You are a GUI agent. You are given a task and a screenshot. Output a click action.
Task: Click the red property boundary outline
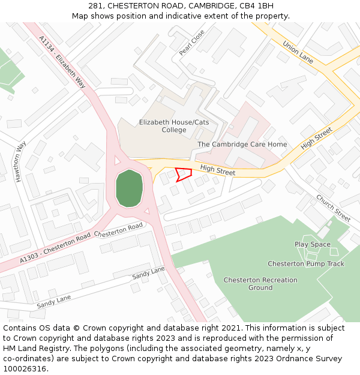[x=184, y=175]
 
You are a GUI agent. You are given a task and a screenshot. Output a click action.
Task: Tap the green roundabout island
[x=129, y=188]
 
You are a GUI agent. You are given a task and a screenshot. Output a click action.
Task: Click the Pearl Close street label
[x=192, y=43]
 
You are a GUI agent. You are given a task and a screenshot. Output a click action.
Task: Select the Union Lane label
[x=298, y=52]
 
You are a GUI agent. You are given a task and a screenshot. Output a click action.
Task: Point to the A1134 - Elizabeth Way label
[x=62, y=62]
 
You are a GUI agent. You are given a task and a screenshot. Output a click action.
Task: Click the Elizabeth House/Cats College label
[x=174, y=126]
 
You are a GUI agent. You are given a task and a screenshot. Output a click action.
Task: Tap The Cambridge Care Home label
[x=242, y=145]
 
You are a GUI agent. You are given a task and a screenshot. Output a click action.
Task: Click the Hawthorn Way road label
[x=21, y=161]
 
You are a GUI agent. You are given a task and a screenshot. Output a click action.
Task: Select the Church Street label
[x=333, y=208]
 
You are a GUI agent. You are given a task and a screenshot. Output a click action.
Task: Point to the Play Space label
[x=313, y=244]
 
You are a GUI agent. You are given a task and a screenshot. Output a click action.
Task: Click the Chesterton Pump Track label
[x=306, y=264]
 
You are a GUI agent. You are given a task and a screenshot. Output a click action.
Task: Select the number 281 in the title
[x=104, y=6]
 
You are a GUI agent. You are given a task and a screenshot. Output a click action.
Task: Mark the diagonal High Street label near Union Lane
[x=316, y=139]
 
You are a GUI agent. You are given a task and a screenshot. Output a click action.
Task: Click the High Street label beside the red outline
[x=218, y=171]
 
